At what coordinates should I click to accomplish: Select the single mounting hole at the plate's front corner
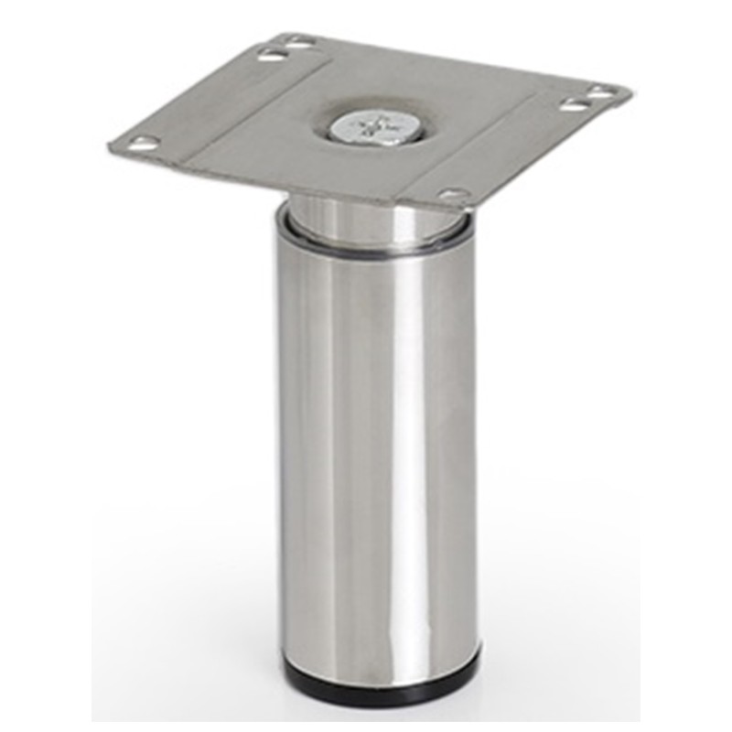click(x=453, y=194)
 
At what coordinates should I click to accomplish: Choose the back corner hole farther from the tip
click(x=271, y=56)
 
